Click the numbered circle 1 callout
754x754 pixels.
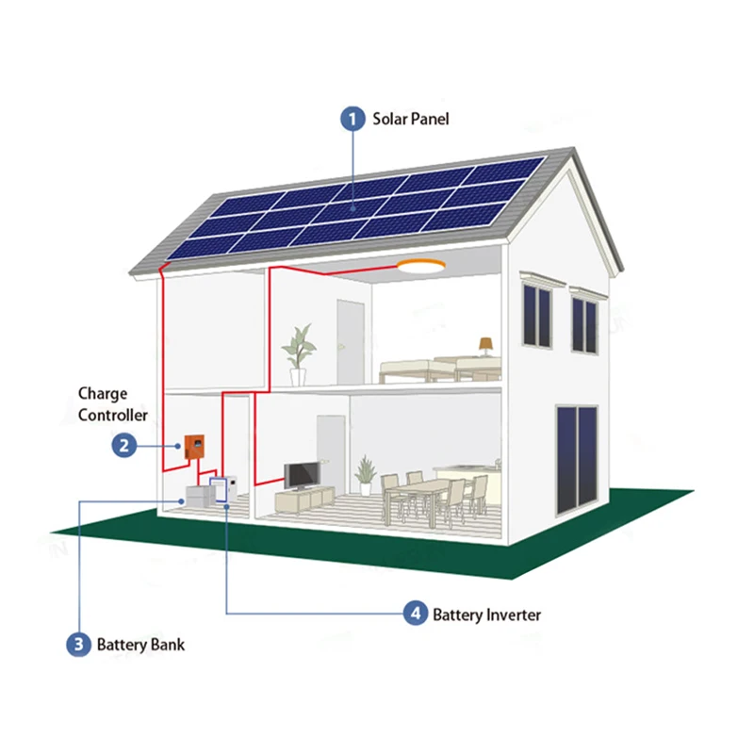point(352,119)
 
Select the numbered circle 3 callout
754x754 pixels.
point(77,645)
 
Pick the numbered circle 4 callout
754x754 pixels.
point(414,615)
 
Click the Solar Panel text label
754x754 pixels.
point(411,119)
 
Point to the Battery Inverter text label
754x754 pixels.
point(487,615)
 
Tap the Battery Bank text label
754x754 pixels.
point(141,645)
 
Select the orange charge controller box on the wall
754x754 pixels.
point(196,446)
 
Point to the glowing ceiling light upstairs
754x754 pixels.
point(422,267)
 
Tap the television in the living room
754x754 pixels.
point(302,476)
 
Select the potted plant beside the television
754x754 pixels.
point(365,474)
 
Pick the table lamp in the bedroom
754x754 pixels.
point(485,346)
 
